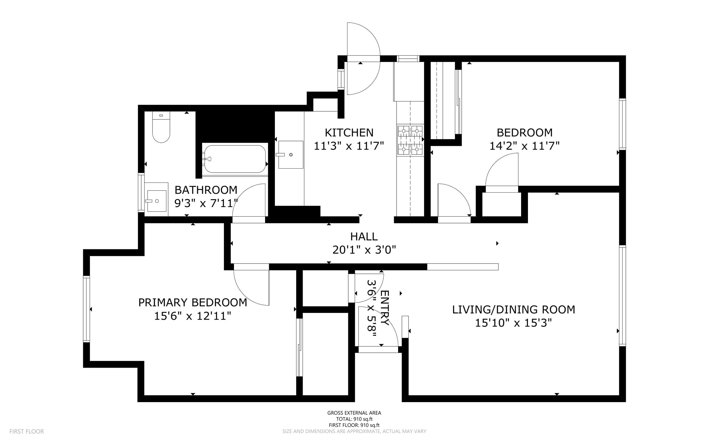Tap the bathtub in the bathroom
235,159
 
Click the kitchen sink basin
290,155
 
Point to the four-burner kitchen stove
410,140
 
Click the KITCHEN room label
349,133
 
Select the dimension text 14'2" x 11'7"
524,146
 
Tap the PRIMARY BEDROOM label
193,302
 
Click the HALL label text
364,237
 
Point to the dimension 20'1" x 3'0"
364,250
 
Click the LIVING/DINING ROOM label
514,309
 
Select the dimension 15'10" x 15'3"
513,323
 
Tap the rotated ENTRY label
384,308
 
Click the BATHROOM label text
206,190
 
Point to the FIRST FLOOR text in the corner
27,431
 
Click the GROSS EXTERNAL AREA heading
354,413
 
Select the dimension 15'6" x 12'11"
193,316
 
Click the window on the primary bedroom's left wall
86,309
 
